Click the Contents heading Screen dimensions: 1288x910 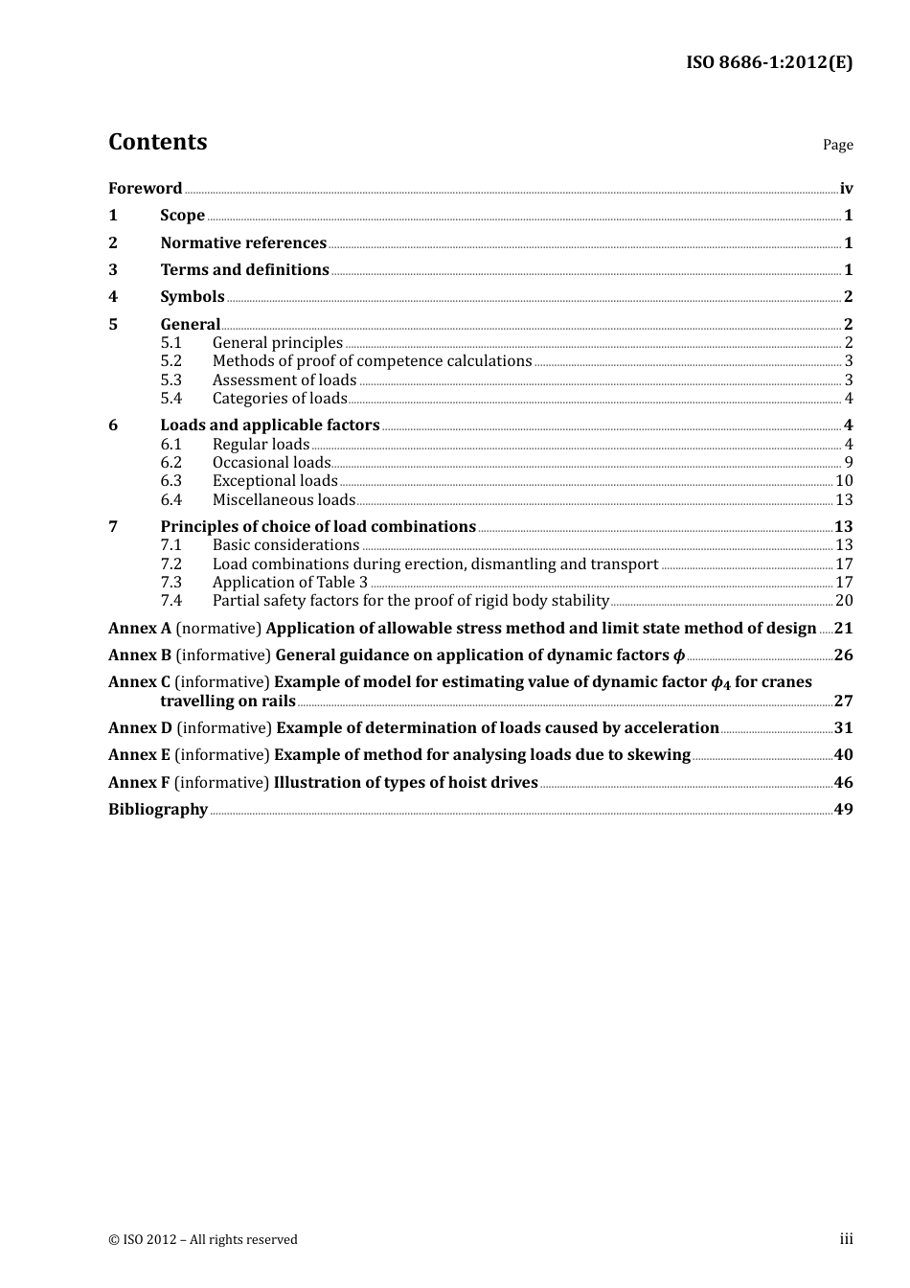(x=157, y=142)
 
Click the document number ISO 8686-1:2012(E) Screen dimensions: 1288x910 (x=768, y=63)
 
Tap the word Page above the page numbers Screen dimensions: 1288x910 (x=837, y=145)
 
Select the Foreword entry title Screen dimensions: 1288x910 (x=145, y=189)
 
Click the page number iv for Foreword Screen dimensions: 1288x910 (x=846, y=189)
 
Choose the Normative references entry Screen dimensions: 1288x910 (x=243, y=243)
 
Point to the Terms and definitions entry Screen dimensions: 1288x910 (x=244, y=270)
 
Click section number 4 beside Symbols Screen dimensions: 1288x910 (x=113, y=297)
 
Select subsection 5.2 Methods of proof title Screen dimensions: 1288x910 (x=372, y=361)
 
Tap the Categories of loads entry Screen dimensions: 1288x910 (x=279, y=399)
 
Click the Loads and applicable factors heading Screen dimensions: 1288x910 (x=269, y=425)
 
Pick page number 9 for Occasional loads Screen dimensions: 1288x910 (x=849, y=463)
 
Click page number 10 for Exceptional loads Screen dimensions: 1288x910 (x=844, y=481)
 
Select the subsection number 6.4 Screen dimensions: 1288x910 (x=171, y=500)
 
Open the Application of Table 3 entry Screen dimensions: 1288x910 (x=289, y=583)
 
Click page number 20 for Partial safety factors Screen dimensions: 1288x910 (x=844, y=601)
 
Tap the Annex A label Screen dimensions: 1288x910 (x=139, y=629)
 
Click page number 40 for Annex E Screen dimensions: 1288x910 (x=843, y=755)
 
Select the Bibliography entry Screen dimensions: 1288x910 (x=158, y=810)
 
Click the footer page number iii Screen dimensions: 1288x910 (x=846, y=1239)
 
